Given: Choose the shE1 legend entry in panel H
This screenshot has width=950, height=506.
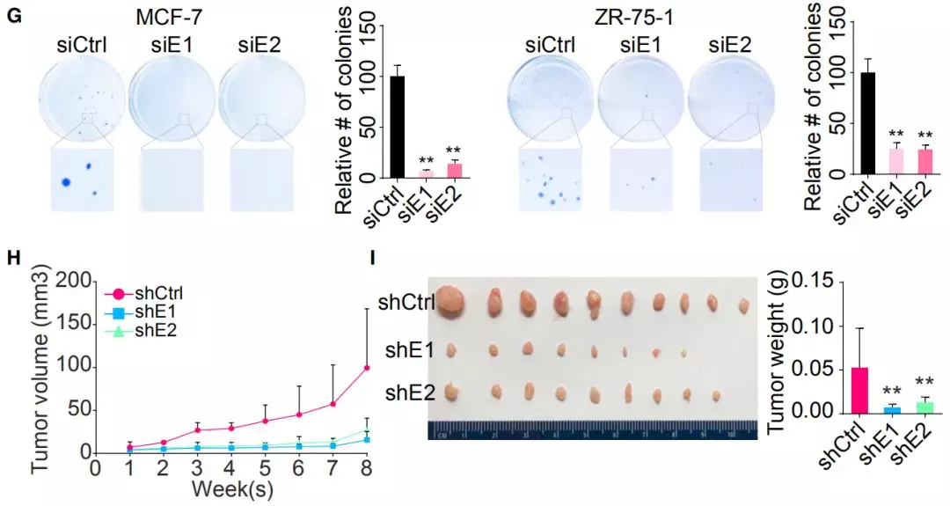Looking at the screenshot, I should pyautogui.click(x=151, y=312).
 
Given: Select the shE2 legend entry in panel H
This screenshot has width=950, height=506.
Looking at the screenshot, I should pyautogui.click(x=151, y=330).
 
